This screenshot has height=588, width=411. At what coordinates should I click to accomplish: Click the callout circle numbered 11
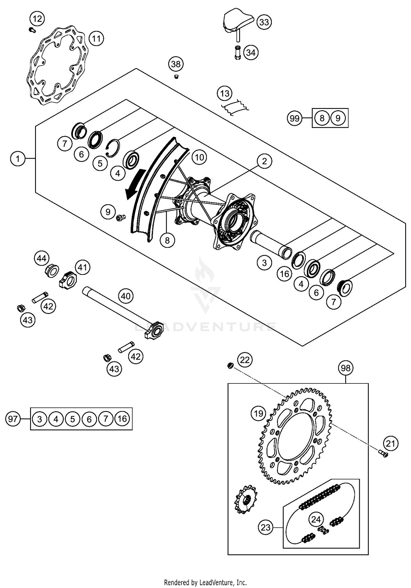(96, 39)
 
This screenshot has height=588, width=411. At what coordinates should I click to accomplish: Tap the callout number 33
(264, 22)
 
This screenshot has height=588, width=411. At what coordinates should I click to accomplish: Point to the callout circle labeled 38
(176, 64)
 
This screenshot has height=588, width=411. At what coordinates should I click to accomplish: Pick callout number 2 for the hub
(264, 161)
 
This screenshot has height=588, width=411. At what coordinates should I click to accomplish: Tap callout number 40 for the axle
(126, 296)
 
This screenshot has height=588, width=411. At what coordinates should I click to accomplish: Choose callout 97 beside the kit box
(13, 419)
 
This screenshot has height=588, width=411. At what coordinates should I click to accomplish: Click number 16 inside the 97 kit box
(122, 419)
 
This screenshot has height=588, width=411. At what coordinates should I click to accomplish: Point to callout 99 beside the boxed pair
(295, 118)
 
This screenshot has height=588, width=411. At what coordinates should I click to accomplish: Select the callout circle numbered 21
(390, 443)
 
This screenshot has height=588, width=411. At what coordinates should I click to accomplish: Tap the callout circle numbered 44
(42, 258)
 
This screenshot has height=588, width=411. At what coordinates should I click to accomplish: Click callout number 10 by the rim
(199, 157)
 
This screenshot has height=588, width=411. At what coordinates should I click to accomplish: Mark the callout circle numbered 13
(225, 94)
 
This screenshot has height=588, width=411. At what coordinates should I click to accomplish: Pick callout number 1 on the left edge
(18, 158)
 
